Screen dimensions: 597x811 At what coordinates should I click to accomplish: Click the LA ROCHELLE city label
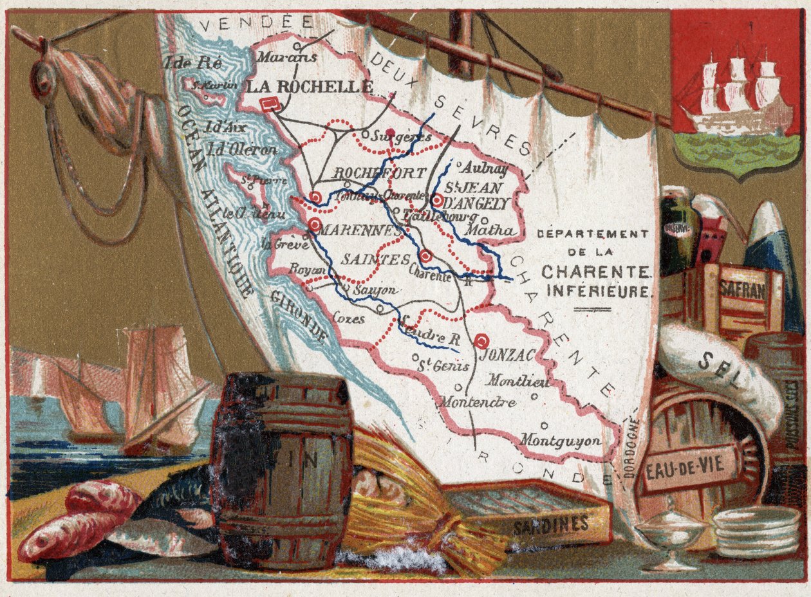click(x=310, y=87)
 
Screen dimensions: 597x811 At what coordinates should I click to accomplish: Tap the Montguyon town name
click(x=561, y=441)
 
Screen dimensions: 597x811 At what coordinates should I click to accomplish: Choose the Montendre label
click(x=478, y=403)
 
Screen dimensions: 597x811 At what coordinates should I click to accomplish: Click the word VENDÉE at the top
click(x=256, y=24)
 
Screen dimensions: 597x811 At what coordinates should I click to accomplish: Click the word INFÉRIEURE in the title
click(x=599, y=291)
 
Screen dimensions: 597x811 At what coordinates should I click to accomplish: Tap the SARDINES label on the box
click(x=551, y=525)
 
